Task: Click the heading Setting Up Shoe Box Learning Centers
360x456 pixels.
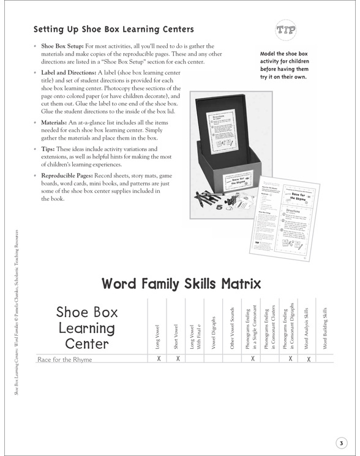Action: pyautogui.click(x=113, y=29)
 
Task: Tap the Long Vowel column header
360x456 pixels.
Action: pyautogui.click(x=159, y=334)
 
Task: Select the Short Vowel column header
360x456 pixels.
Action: pyautogui.click(x=177, y=334)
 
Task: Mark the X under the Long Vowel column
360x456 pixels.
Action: pyautogui.click(x=159, y=359)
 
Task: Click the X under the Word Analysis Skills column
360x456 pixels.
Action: pyautogui.click(x=308, y=359)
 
